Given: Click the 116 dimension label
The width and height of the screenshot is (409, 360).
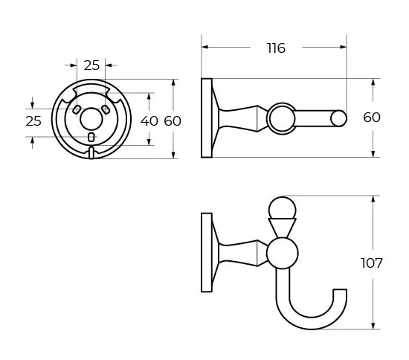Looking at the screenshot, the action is pyautogui.click(x=276, y=48).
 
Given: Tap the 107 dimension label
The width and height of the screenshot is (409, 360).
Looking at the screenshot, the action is pyautogui.click(x=371, y=263).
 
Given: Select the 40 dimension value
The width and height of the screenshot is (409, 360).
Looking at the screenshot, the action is pyautogui.click(x=149, y=121).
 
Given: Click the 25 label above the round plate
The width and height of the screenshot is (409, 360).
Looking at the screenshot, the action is pyautogui.click(x=91, y=65).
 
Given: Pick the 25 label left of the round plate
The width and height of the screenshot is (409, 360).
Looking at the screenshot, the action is pyautogui.click(x=33, y=121).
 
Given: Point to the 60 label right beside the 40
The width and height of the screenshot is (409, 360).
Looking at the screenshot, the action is pyautogui.click(x=173, y=121).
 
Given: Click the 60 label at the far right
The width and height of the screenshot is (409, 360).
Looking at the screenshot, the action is pyautogui.click(x=372, y=118).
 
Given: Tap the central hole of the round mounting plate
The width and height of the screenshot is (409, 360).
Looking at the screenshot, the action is pyautogui.click(x=91, y=119).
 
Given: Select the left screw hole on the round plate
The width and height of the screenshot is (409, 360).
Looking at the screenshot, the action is pyautogui.click(x=77, y=109).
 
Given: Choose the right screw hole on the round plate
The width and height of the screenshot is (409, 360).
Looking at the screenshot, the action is pyautogui.click(x=106, y=109).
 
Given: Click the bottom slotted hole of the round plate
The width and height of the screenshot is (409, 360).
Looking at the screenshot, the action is pyautogui.click(x=91, y=137).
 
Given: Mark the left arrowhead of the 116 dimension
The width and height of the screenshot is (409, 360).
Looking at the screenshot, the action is pyautogui.click(x=205, y=47).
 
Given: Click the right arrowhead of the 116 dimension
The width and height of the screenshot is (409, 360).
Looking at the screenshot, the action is pyautogui.click(x=343, y=47).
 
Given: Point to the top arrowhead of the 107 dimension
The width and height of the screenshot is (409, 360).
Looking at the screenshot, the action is pyautogui.click(x=373, y=199).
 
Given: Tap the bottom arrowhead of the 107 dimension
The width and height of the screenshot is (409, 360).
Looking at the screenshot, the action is pyautogui.click(x=373, y=325).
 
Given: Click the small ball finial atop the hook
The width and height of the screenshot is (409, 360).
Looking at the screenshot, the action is pyautogui.click(x=283, y=209).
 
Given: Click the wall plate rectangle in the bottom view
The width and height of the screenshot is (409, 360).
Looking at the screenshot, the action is pyautogui.click(x=207, y=253).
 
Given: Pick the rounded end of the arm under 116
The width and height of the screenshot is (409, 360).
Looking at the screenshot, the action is pyautogui.click(x=338, y=118).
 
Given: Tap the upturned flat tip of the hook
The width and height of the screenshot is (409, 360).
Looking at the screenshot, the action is pyautogui.click(x=340, y=289).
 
